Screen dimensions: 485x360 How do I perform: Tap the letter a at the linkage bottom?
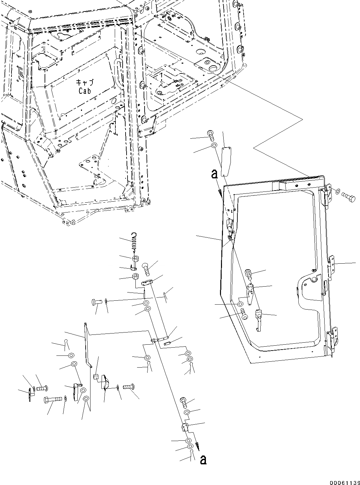pyautogui.click(x=203, y=460)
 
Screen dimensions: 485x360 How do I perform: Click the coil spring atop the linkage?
pyautogui.click(x=134, y=241)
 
